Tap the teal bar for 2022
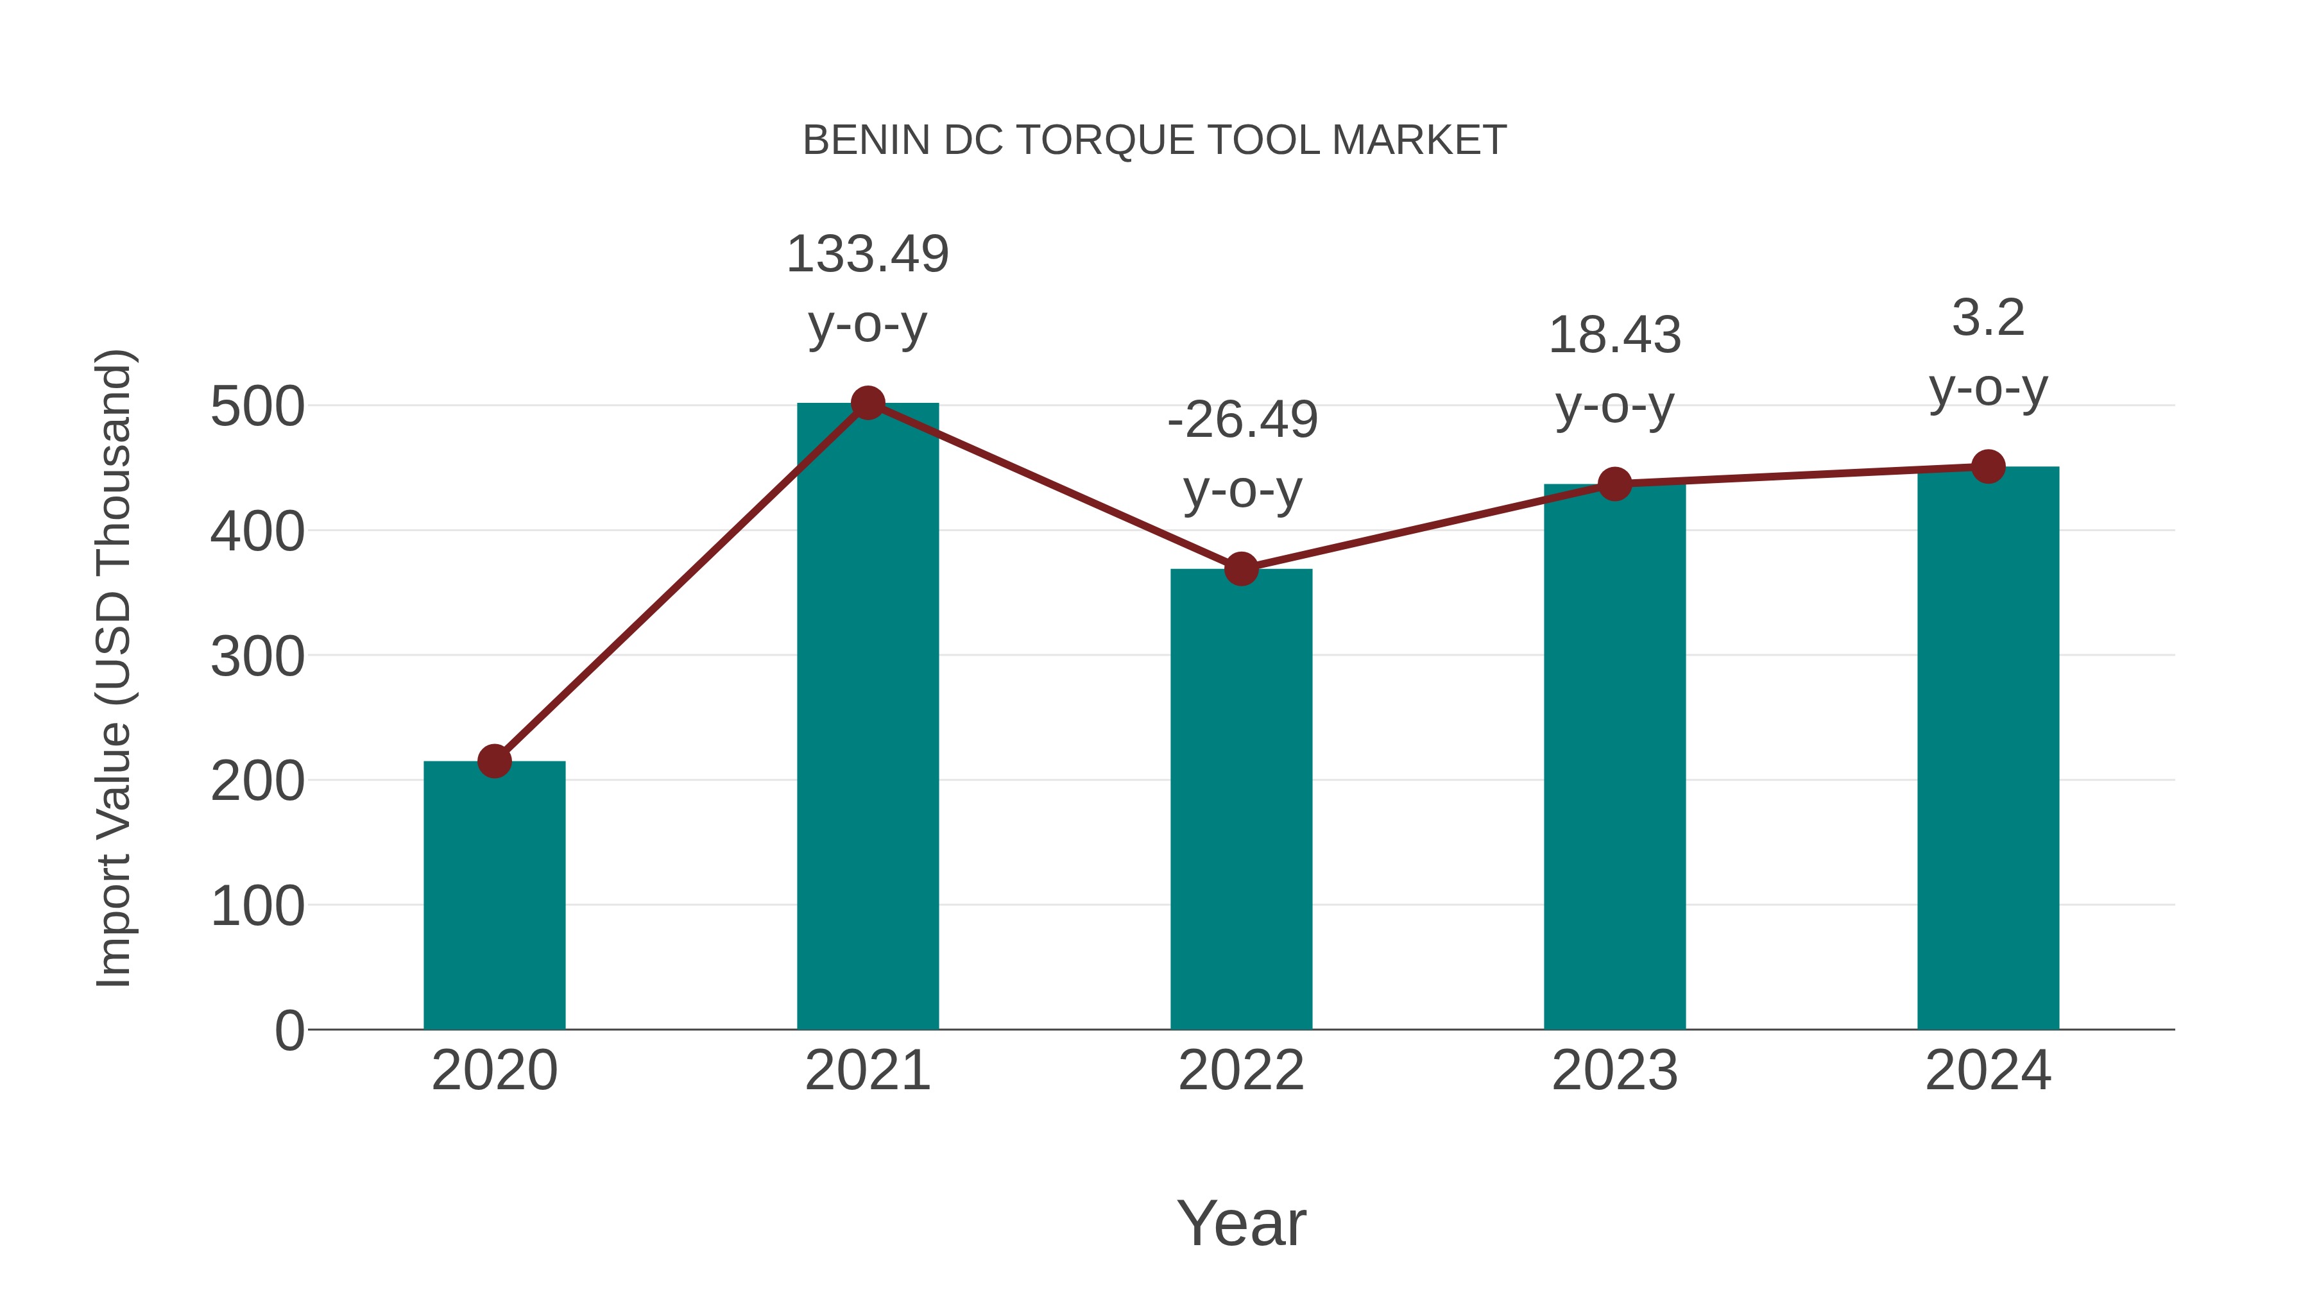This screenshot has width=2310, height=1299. pos(1241,798)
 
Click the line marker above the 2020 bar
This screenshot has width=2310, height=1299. pos(494,761)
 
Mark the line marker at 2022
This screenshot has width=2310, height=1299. pos(1241,568)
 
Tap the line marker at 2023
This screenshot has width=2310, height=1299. pos(1614,484)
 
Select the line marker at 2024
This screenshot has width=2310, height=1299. pos(1988,466)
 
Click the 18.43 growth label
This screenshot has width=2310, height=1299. pos(1614,335)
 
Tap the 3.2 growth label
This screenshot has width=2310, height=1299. pos(1988,318)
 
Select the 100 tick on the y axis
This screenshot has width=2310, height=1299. pos(257,906)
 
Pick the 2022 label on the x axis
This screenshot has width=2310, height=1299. pos(1241,1071)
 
